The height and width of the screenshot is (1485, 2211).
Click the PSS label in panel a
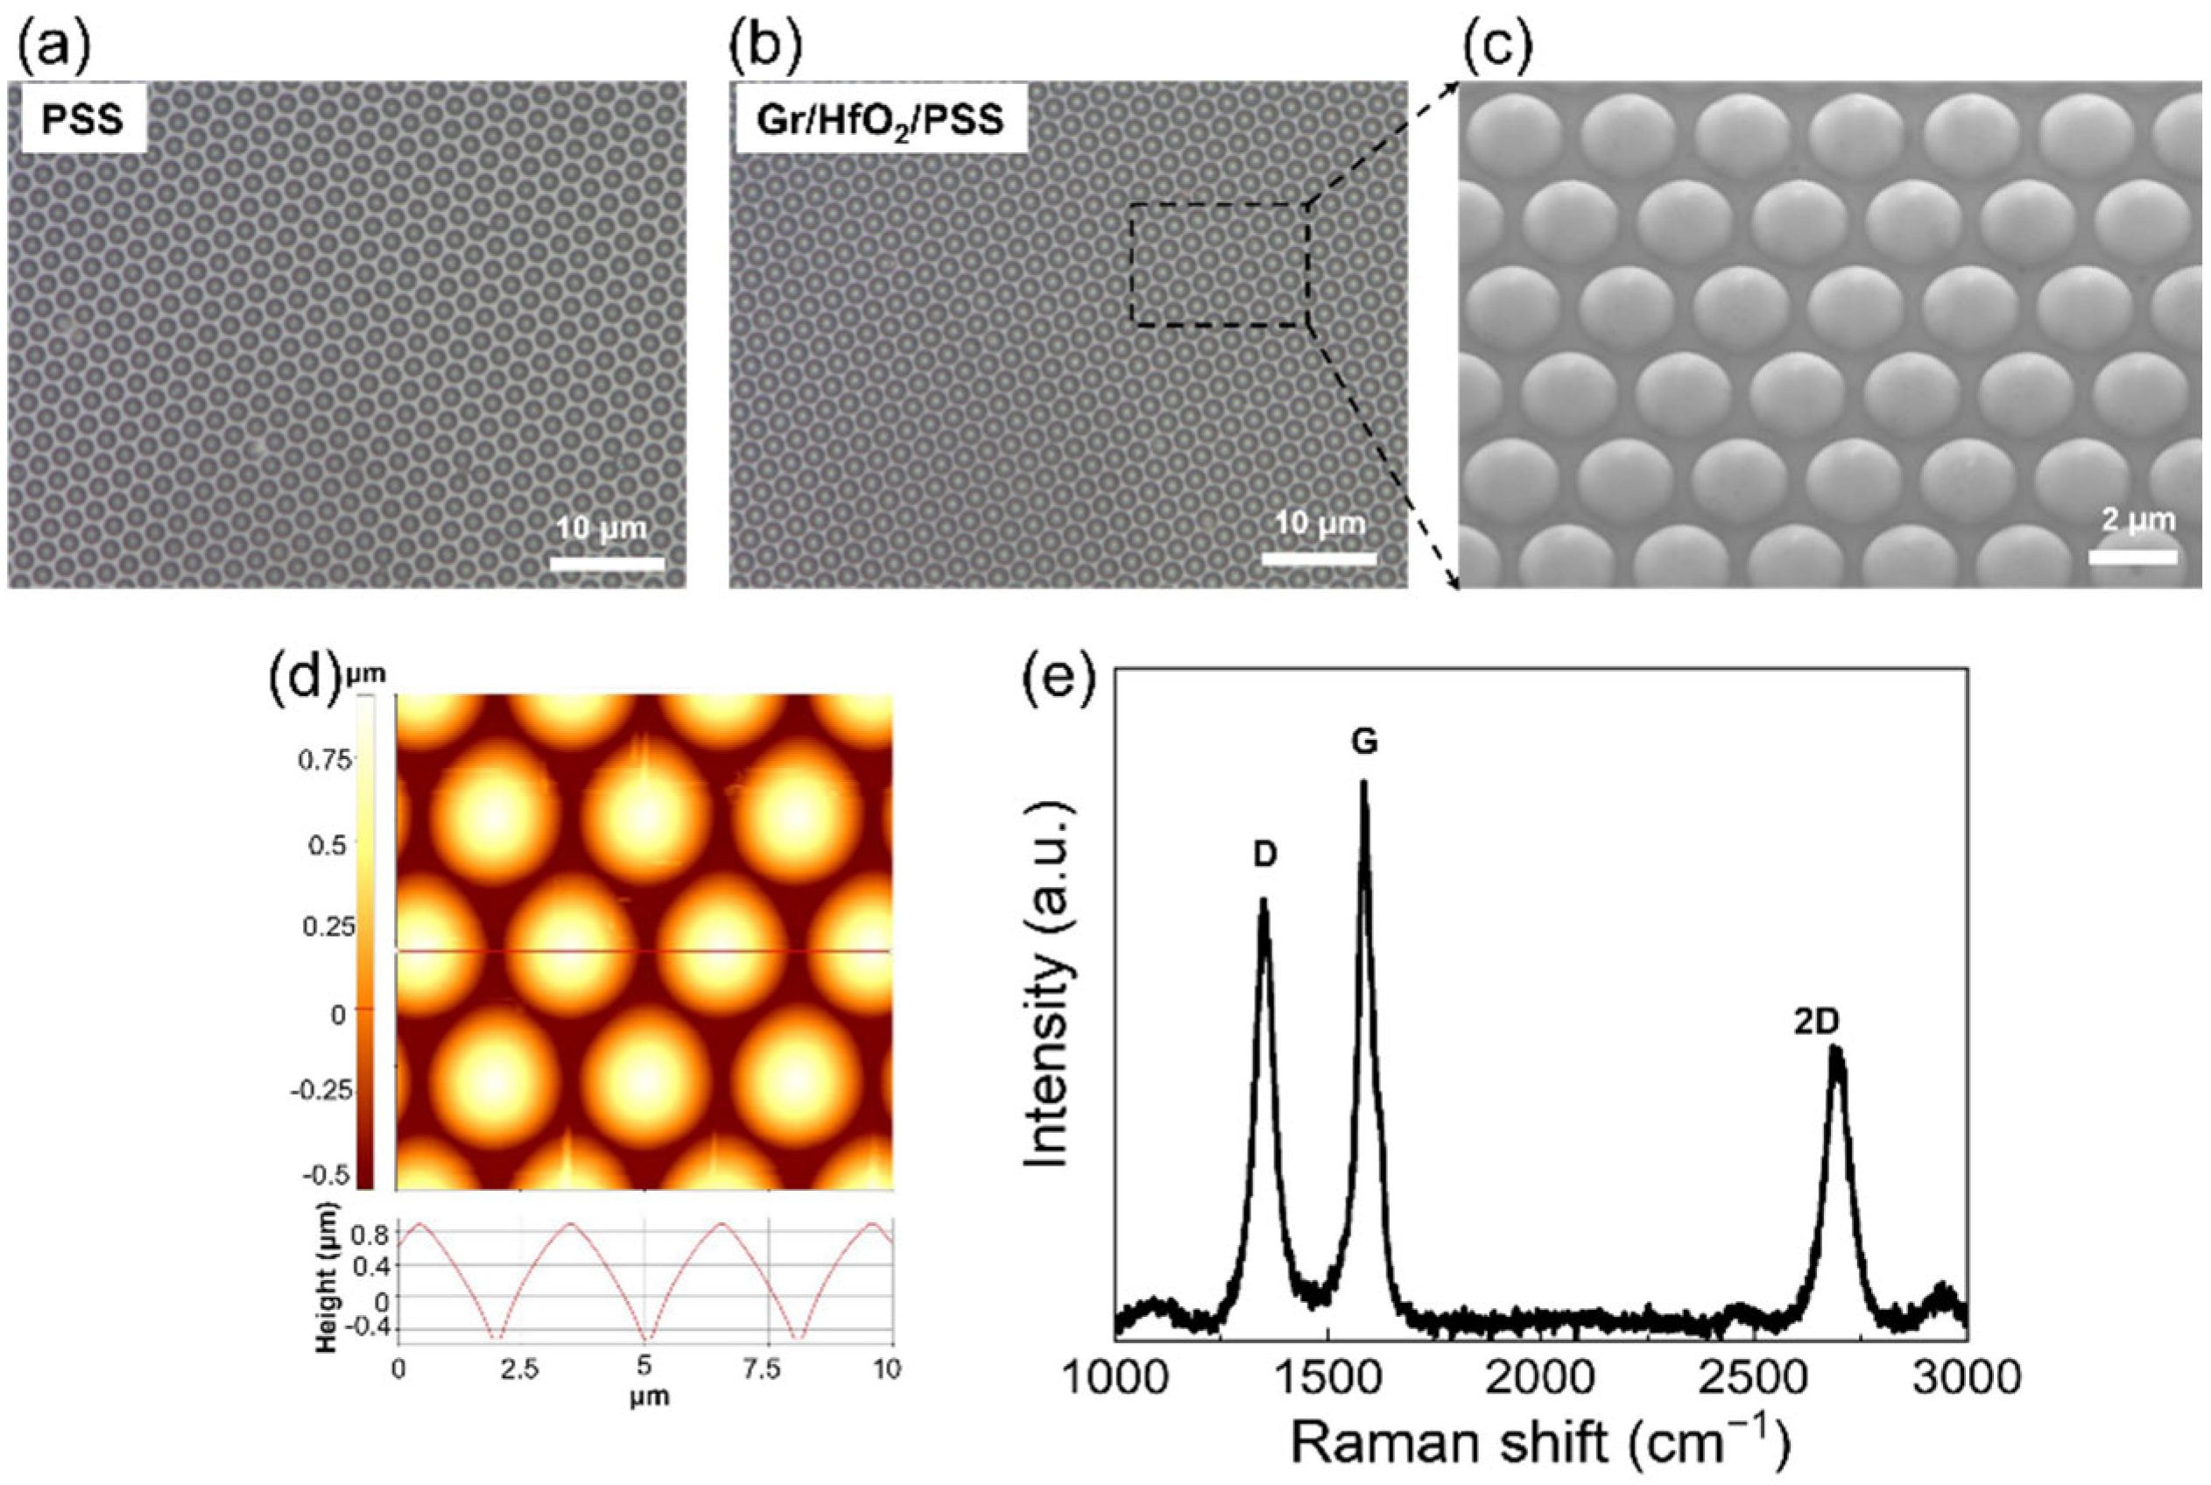82,123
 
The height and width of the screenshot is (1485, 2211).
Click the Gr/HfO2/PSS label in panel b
881,123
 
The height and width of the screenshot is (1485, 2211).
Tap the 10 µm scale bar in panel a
607,564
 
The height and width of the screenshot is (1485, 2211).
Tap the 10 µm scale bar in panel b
1319,560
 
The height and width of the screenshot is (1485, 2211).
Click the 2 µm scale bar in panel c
2132,557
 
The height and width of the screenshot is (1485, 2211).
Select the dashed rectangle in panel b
1219,265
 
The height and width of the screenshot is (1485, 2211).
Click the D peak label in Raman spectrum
1265,855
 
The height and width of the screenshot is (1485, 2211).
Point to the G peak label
1363,743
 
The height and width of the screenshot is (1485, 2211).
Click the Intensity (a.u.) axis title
1049,985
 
